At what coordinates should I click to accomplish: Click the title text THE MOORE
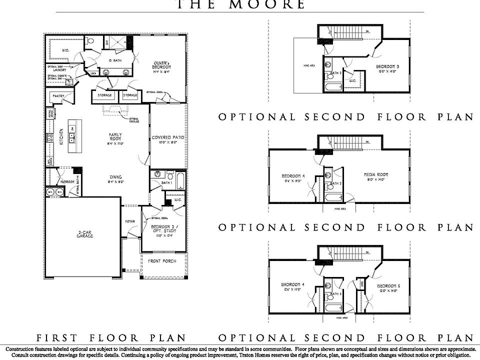click(x=240, y=5)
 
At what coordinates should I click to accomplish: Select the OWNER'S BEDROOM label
click(x=162, y=64)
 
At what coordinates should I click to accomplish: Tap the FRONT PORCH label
click(x=162, y=261)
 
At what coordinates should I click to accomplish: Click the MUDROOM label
click(x=66, y=181)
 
